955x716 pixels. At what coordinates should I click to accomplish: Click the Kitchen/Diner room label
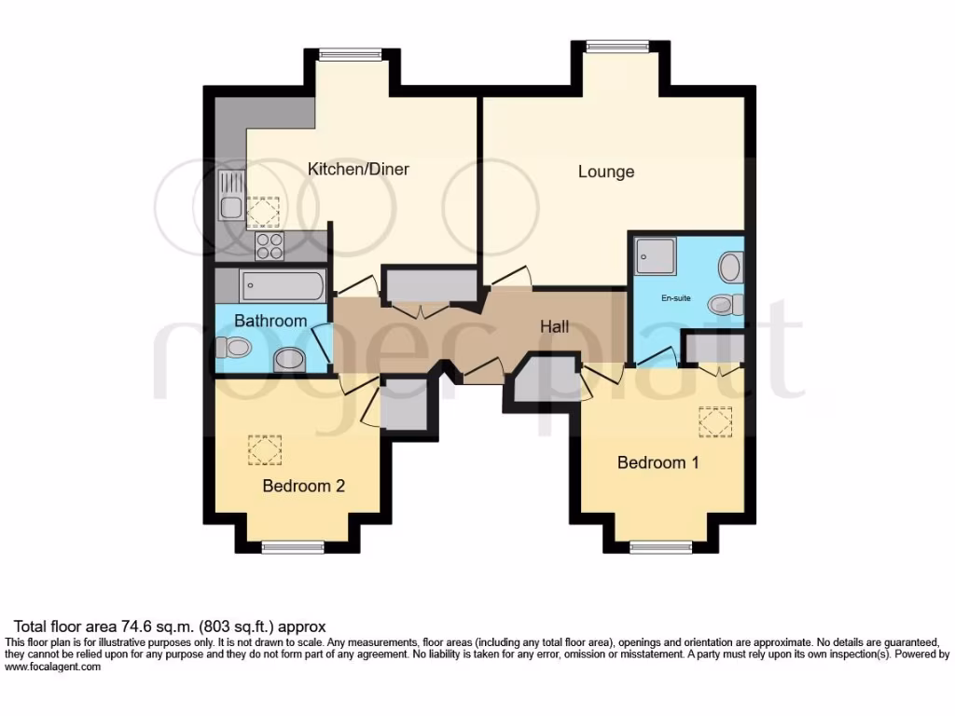tap(359, 169)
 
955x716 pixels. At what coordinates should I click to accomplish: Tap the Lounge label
tap(606, 172)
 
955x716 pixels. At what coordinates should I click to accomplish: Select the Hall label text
tap(556, 326)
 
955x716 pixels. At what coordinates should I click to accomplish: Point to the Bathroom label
tap(270, 321)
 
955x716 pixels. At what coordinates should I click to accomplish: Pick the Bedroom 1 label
tap(658, 462)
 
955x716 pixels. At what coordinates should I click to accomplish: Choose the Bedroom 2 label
tap(304, 486)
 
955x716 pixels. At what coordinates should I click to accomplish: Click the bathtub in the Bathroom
tap(282, 284)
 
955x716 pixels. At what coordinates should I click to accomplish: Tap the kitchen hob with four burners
tap(270, 245)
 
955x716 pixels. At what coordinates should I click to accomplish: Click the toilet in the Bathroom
tap(233, 348)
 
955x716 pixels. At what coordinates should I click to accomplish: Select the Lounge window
tap(617, 44)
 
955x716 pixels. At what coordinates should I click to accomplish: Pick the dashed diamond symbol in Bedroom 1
tap(715, 422)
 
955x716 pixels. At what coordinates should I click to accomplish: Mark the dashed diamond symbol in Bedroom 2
tap(264, 450)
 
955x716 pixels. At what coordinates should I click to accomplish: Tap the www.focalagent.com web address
tap(53, 667)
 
